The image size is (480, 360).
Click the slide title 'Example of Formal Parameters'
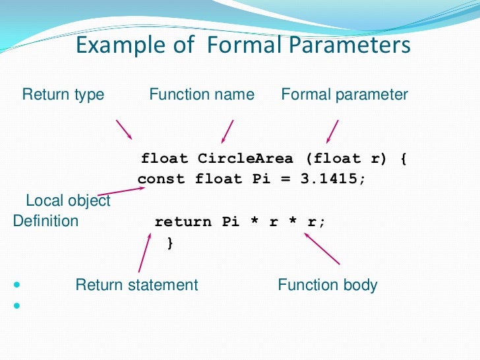tap(243, 46)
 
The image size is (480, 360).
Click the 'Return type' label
tap(63, 94)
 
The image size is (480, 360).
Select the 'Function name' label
tap(202, 94)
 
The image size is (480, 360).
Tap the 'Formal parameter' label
tap(345, 94)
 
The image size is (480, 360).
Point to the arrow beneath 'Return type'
tap(124, 129)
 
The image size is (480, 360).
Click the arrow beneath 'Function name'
tap(228, 131)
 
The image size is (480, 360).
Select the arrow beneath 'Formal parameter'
tap(332, 131)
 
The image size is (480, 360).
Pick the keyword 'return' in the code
tap(183, 222)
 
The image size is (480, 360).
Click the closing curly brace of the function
tap(170, 243)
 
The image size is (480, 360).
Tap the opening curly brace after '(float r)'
tap(403, 158)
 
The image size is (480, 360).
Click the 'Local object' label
tap(68, 200)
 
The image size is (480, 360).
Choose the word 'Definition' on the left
tap(45, 221)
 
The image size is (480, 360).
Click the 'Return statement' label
tap(136, 285)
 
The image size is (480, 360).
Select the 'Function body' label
tap(328, 285)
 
